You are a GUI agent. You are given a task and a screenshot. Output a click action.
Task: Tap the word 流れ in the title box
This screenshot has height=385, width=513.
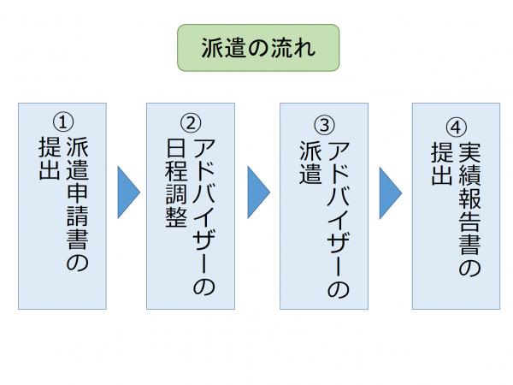pyautogui.click(x=294, y=47)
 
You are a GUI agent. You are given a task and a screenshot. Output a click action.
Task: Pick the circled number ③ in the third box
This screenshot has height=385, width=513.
pyautogui.click(x=325, y=122)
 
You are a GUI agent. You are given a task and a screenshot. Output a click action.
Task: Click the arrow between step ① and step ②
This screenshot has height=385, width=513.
pyautogui.click(x=127, y=192)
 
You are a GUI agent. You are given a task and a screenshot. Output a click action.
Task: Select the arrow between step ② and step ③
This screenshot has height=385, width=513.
pyautogui.click(x=258, y=192)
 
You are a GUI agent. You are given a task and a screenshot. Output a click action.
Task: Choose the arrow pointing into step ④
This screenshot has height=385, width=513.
pyautogui.click(x=390, y=192)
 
